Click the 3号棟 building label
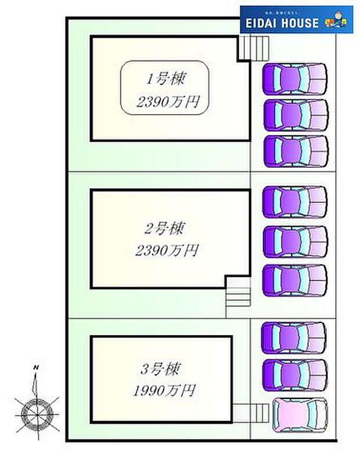(160, 369)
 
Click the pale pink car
(299, 415)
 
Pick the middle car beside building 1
(295, 114)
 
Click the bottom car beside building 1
(295, 149)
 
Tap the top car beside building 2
(295, 202)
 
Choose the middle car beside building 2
(295, 241)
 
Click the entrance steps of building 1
(255, 49)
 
